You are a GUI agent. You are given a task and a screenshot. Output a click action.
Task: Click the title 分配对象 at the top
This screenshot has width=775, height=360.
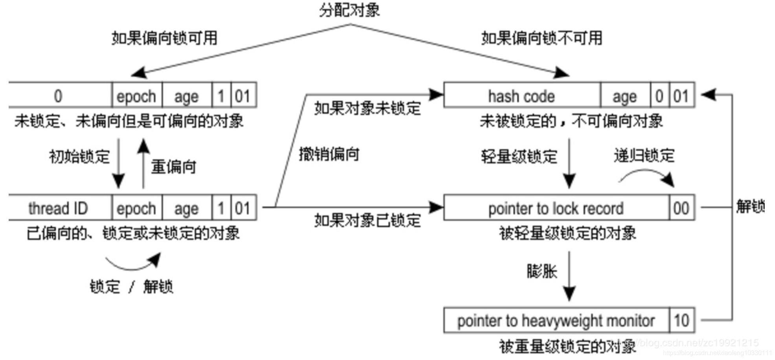[349, 10]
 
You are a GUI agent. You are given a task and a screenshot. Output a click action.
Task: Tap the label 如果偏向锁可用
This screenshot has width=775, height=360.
[164, 38]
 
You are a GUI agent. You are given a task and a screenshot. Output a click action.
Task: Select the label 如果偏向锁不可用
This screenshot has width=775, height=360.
[542, 38]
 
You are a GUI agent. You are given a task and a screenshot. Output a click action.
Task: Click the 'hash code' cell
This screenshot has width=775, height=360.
[522, 96]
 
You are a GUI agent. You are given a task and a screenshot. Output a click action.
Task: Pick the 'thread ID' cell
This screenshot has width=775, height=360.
[59, 208]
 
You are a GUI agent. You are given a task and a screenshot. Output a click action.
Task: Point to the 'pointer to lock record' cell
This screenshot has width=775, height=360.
[556, 208]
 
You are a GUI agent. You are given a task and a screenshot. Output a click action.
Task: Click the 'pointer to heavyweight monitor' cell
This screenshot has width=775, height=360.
[556, 321]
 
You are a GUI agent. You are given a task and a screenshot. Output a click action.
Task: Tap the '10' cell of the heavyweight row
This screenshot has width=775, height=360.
[681, 321]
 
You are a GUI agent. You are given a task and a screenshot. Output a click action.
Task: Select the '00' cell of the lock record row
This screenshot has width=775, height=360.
[681, 208]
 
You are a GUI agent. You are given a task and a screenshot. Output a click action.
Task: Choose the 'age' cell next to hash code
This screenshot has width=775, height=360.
[624, 96]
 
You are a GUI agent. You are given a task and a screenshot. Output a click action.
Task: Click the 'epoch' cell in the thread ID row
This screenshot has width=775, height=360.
[136, 208]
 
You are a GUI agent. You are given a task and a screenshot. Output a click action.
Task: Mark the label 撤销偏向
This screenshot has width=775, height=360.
[329, 154]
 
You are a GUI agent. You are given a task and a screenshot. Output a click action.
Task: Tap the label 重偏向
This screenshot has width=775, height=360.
[173, 167]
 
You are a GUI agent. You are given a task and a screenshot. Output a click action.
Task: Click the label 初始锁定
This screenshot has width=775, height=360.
[79, 156]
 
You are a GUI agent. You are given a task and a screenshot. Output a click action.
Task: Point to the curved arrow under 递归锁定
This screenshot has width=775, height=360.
[646, 176]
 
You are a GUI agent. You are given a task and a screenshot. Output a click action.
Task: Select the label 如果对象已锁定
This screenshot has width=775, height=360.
[367, 220]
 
